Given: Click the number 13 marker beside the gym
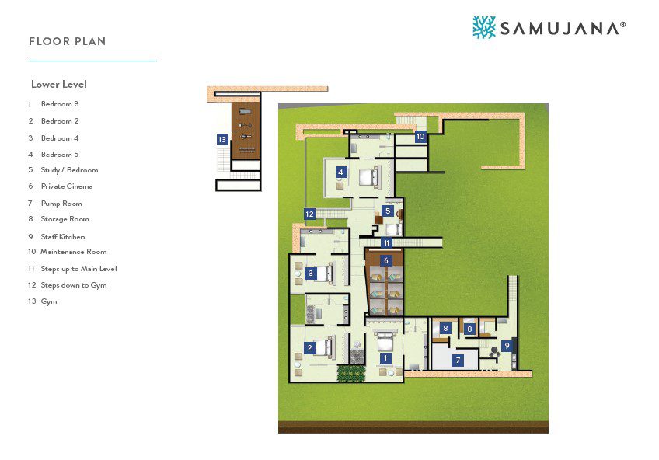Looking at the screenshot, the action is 222,139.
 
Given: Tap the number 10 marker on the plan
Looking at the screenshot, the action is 420,136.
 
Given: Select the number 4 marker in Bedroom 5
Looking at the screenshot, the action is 341,172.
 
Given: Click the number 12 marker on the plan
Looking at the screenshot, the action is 310,214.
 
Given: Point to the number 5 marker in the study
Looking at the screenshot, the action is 388,211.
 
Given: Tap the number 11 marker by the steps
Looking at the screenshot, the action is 387,242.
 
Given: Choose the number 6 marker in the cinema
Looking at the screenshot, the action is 385,260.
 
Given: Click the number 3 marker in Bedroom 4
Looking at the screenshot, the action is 311,273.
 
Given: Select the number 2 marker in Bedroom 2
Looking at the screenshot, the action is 310,347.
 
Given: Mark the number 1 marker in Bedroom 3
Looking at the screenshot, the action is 385,358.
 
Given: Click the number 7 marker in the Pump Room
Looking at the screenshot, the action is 458,360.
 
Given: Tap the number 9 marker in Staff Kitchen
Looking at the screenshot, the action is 507,346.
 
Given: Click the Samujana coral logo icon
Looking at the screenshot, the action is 484,27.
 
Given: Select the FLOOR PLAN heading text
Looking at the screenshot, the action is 68,41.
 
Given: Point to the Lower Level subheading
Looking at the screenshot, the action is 59,84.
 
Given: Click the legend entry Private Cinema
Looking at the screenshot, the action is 67,186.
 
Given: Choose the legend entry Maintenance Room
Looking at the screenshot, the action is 74,252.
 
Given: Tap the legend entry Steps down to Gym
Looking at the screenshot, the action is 74,285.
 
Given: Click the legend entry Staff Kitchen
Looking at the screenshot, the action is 63,236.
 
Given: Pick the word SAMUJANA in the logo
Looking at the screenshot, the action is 560,28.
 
